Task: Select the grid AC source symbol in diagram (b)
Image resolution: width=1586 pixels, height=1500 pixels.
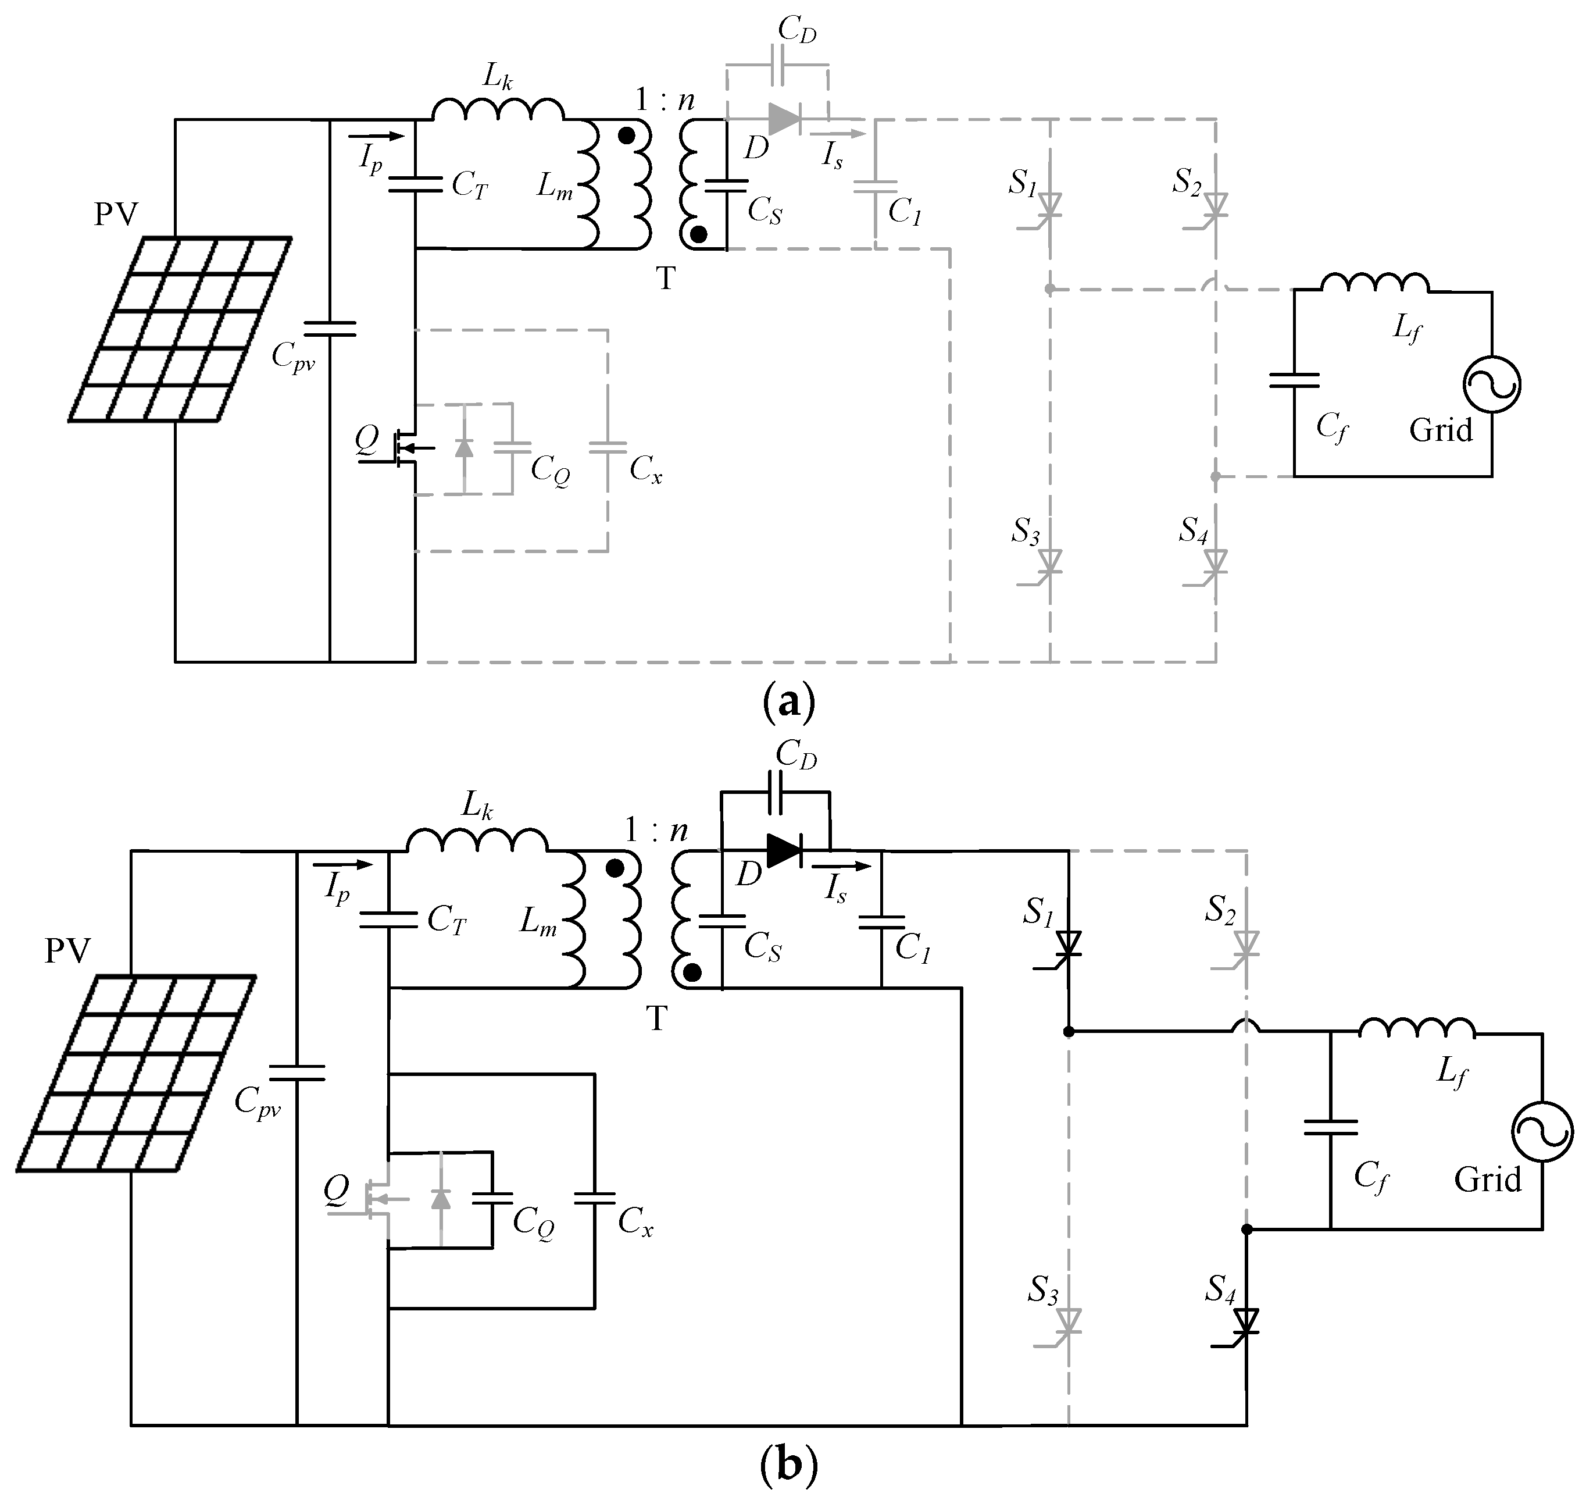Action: [x=1542, y=1131]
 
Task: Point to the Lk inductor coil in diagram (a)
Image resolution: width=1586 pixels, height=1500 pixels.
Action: [x=497, y=111]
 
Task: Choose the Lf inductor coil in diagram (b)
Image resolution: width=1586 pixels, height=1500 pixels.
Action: [x=1416, y=1028]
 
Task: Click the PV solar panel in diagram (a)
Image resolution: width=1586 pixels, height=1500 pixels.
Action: [x=180, y=329]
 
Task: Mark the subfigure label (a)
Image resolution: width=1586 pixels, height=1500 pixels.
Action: [x=789, y=701]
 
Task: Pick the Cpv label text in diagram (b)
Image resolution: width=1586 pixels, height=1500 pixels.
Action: [x=258, y=1102]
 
